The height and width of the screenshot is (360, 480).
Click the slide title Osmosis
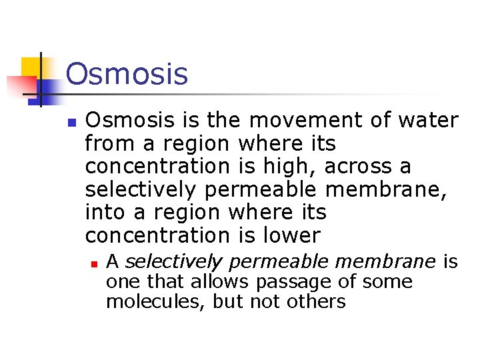[x=127, y=74]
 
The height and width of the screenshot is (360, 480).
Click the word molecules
[x=156, y=301]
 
